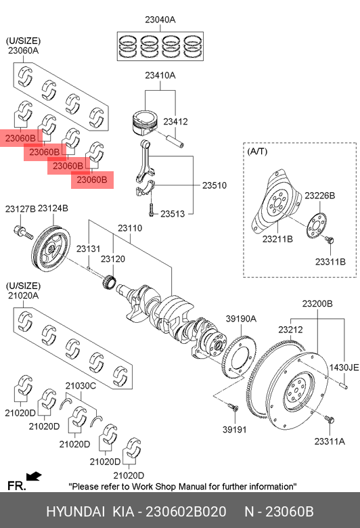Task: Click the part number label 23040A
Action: pos(160,20)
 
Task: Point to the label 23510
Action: pos(215,185)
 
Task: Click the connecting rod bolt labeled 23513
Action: pos(151,209)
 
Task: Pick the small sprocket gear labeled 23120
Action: pos(109,282)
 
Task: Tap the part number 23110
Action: pos(130,228)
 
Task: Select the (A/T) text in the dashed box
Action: pos(257,152)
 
